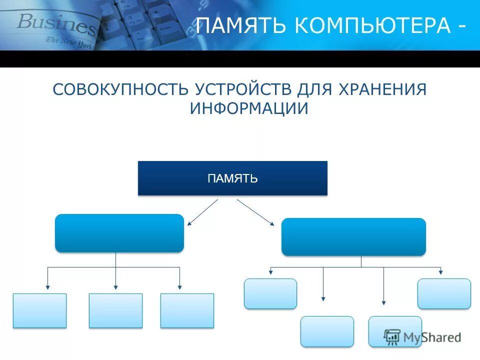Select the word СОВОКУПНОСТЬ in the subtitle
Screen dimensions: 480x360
pyautogui.click(x=120, y=90)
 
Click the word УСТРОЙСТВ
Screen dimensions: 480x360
pyautogui.click(x=243, y=90)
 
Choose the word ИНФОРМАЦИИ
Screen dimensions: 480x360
pyautogui.click(x=249, y=109)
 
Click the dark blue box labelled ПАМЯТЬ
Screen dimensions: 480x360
pyautogui.click(x=232, y=178)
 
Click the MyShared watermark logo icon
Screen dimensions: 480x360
pyautogui.click(x=392, y=336)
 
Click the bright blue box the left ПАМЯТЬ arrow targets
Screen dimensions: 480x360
pyautogui.click(x=119, y=233)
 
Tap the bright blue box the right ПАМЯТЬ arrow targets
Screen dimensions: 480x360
pyautogui.click(x=353, y=237)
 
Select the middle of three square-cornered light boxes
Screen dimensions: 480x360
pyautogui.click(x=115, y=310)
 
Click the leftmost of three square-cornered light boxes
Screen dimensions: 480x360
pyautogui.click(x=39, y=310)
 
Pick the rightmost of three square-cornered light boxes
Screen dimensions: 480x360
pyautogui.click(x=187, y=310)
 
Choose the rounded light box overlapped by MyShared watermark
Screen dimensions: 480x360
pyautogui.click(x=395, y=331)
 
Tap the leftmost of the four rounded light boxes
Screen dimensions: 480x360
pyautogui.click(x=270, y=293)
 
